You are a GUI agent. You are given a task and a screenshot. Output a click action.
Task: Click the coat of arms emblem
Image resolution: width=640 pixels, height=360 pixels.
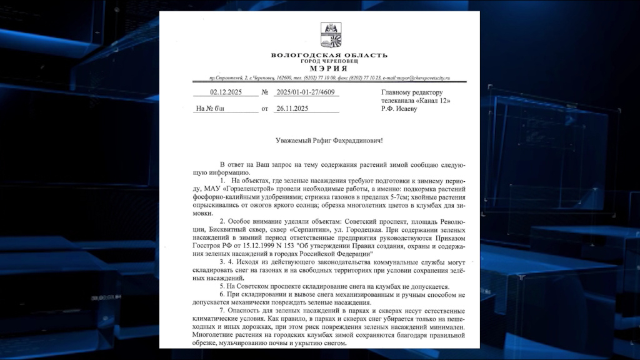coord(331,36)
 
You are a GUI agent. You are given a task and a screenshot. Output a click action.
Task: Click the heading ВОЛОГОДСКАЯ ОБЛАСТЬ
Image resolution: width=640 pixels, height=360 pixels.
coord(329,55)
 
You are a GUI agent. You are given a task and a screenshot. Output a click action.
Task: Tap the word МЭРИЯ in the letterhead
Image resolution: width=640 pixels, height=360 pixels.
coord(329,68)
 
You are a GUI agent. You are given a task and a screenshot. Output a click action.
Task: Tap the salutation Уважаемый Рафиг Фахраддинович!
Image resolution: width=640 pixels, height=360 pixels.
coord(329,141)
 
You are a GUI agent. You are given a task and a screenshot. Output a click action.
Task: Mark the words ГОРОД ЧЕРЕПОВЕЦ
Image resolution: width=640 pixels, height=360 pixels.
coord(329,61)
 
